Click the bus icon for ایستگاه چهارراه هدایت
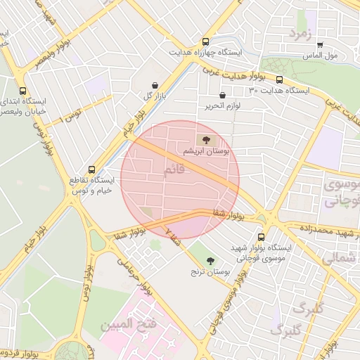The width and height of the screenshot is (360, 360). (205, 41)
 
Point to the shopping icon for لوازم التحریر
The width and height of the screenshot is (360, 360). (223, 95)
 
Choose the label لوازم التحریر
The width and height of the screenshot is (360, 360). (214, 106)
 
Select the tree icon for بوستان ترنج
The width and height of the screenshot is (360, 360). (210, 260)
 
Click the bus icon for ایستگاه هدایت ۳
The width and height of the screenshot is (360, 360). (280, 80)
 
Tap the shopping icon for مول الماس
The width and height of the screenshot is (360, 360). (320, 44)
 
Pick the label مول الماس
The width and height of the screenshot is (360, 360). (320, 55)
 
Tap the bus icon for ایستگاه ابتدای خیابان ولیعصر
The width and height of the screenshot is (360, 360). (23, 91)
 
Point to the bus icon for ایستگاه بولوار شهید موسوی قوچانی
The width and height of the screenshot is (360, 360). (262, 238)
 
